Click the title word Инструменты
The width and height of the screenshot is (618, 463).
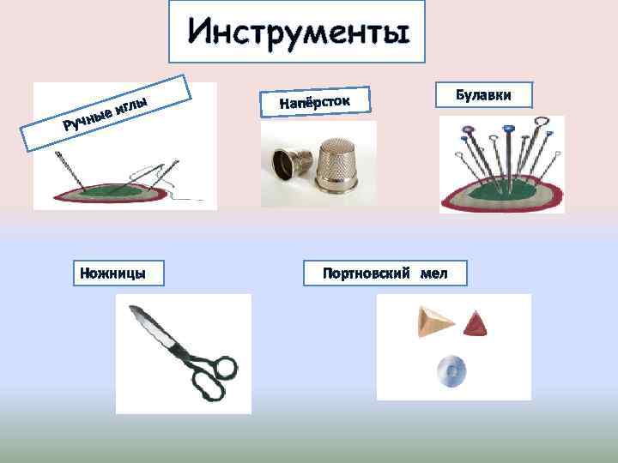[296, 33]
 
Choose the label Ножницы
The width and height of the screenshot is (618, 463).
[112, 274]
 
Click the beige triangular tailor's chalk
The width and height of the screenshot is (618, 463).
[434, 322]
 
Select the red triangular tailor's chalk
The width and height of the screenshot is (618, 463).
[474, 324]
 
